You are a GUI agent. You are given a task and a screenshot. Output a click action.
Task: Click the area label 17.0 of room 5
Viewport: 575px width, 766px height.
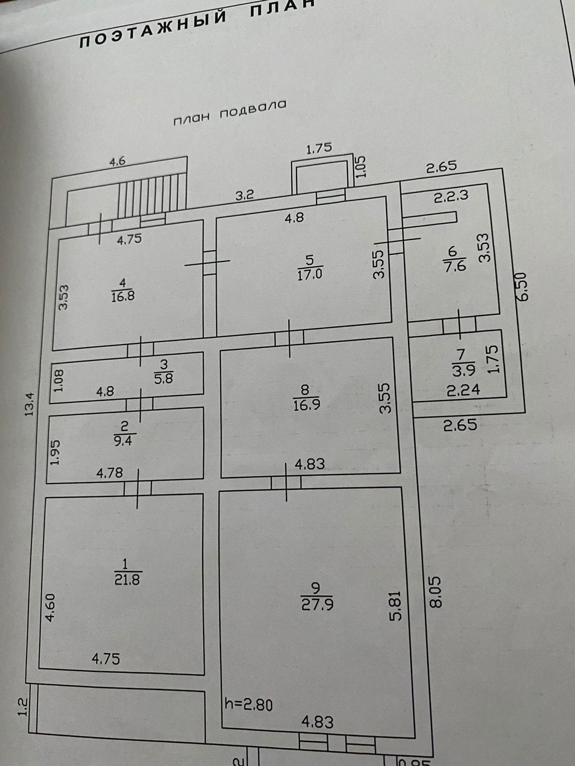click(x=310, y=275)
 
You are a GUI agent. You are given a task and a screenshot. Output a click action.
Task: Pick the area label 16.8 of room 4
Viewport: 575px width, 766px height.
click(x=123, y=296)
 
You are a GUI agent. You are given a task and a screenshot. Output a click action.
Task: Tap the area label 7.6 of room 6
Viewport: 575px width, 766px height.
click(x=454, y=266)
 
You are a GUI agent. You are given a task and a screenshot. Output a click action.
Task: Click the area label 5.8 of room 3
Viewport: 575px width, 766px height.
click(x=163, y=379)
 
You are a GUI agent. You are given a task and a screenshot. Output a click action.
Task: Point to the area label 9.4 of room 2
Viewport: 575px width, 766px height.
click(x=123, y=440)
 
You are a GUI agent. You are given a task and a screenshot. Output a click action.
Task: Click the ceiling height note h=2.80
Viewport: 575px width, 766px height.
click(x=249, y=704)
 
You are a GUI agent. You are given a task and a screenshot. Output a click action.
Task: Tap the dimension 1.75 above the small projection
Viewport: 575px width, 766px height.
click(x=319, y=148)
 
